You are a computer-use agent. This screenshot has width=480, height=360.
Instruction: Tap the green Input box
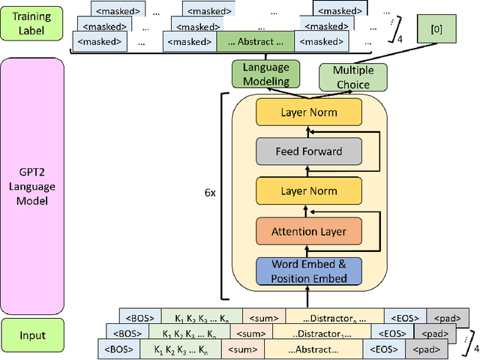(31, 336)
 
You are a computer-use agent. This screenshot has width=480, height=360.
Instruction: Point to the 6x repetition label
(211, 192)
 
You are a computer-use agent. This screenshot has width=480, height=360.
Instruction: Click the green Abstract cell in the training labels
(255, 41)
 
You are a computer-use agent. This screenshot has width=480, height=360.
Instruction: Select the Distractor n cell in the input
(334, 316)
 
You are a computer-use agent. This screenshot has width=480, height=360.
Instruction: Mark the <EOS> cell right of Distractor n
(405, 316)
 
